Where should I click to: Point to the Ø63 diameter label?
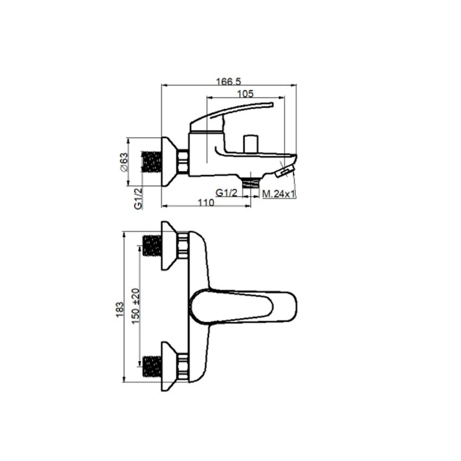pyautogui.click(x=123, y=162)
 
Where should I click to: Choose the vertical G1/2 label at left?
pyautogui.click(x=138, y=198)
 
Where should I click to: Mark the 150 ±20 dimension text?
pyautogui.click(x=135, y=306)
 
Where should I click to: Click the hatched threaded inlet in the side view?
pyautogui.click(x=151, y=162)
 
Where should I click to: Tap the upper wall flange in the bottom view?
pyautogui.click(x=169, y=246)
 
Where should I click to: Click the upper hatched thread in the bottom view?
pyautogui.click(x=152, y=246)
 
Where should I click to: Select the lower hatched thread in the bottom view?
pyautogui.click(x=152, y=366)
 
